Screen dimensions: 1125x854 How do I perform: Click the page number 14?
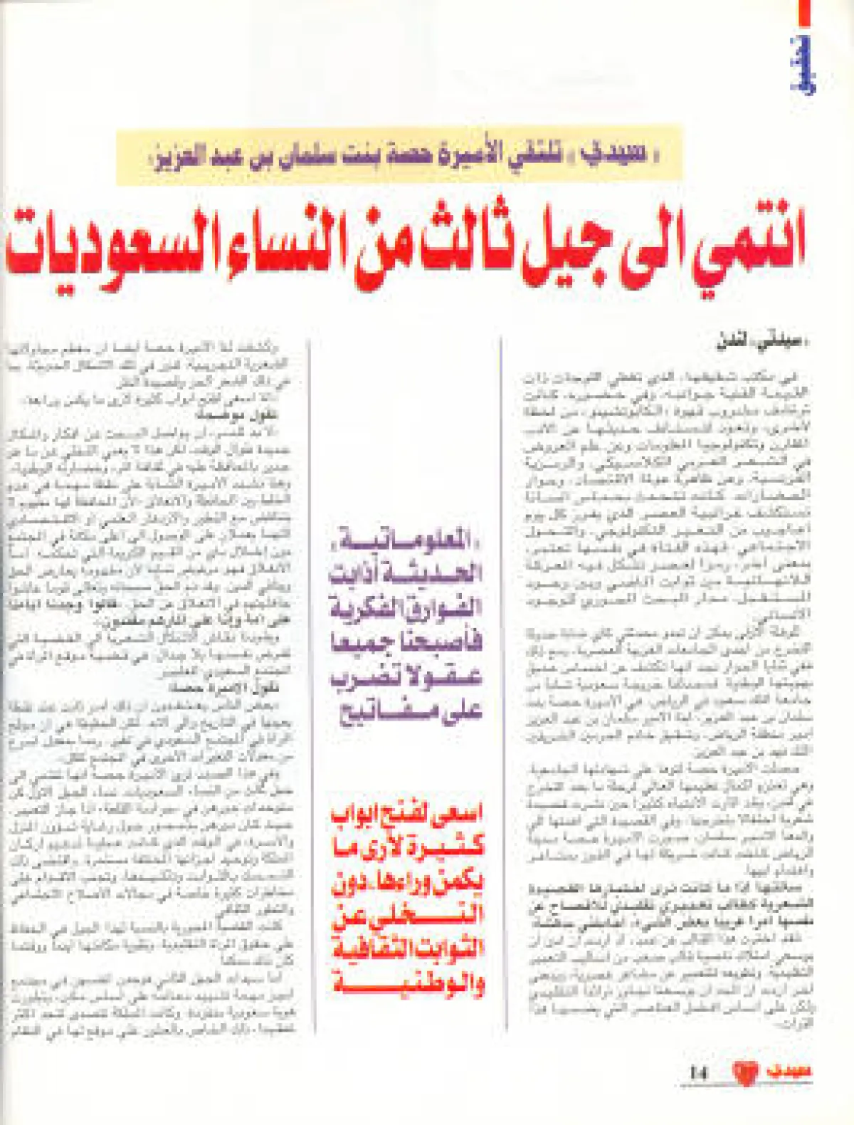pyautogui.click(x=700, y=1073)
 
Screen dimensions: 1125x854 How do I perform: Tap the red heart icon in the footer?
pyautogui.click(x=745, y=1072)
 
